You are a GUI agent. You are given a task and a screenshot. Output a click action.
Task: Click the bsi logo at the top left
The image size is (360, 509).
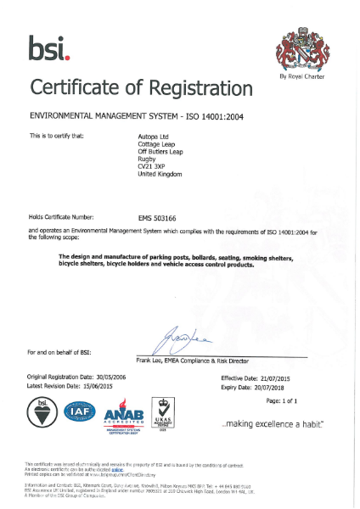point(53,49)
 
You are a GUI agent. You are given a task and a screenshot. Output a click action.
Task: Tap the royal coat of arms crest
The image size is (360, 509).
point(301,52)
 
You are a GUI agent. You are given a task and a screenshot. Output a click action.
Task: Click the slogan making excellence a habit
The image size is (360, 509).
point(272,422)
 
